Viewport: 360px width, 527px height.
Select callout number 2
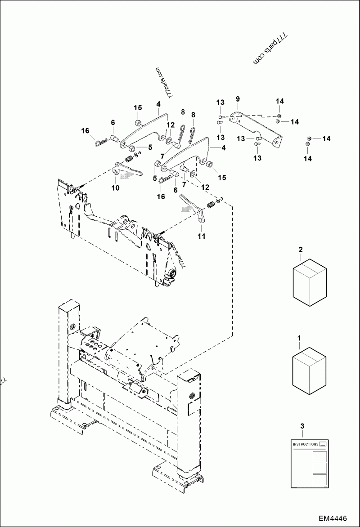click(301, 249)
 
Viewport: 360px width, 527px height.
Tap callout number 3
click(302, 425)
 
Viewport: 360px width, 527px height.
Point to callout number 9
click(238, 98)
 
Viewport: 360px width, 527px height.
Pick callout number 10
click(116, 188)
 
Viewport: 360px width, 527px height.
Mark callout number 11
click(201, 236)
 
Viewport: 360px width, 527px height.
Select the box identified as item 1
click(310, 369)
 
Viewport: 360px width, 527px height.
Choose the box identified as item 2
click(310, 281)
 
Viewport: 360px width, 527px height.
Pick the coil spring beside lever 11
click(210, 205)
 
